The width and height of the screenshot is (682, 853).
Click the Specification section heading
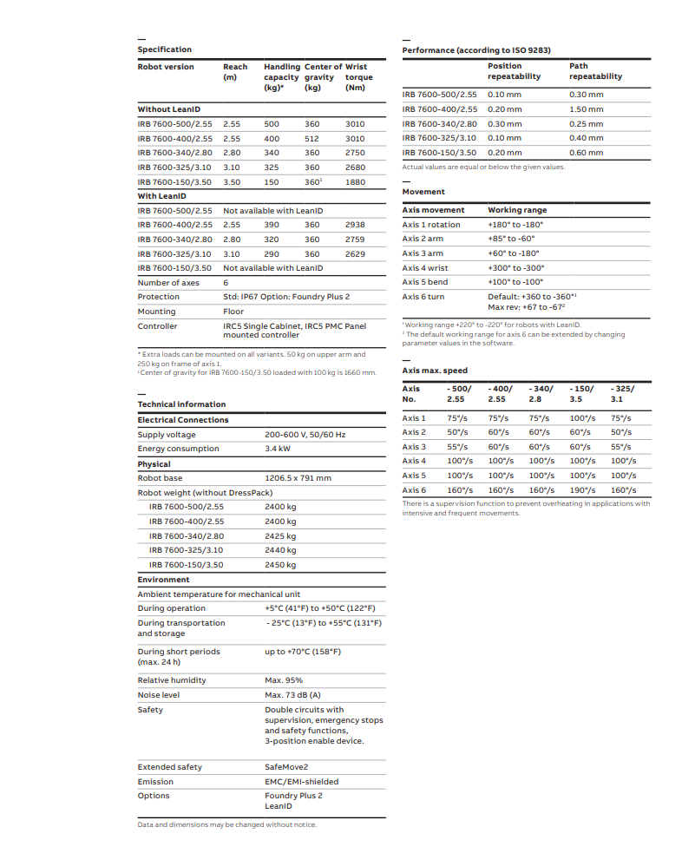point(165,49)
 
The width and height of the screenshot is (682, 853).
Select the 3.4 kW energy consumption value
point(278,449)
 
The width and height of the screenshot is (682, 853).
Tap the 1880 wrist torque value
point(355,182)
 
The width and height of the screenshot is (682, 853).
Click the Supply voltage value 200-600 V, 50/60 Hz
point(305,435)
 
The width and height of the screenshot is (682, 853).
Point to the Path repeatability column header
point(595,71)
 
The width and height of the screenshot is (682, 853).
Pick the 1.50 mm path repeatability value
point(586,109)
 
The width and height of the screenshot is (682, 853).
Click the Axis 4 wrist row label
point(425,268)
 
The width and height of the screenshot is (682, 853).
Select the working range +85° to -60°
point(511,239)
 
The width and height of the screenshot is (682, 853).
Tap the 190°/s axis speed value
point(583,490)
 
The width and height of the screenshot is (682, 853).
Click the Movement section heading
point(423,192)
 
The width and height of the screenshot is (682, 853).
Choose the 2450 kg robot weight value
point(280,565)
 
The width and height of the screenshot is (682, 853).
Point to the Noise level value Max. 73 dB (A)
point(292,695)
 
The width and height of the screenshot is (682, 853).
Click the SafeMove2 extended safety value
point(286,767)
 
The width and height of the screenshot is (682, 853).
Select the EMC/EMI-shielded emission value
point(301,782)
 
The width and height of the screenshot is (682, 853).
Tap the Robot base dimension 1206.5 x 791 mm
point(298,478)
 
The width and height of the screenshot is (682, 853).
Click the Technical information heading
point(181,404)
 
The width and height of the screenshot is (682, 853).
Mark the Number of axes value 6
point(226,283)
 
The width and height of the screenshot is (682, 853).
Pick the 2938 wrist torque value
point(355,225)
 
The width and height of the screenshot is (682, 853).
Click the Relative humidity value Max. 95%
point(284,680)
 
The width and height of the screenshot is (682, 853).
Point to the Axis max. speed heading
point(435,371)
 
